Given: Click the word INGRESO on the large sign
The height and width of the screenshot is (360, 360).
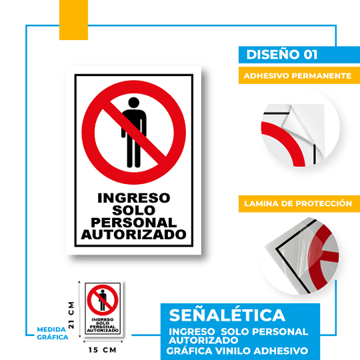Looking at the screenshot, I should point(134,198).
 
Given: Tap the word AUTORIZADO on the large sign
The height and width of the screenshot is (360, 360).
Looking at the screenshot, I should point(134,235).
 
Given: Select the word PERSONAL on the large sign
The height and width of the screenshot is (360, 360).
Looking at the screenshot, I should point(134,223).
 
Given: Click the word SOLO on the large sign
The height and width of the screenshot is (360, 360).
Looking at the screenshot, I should point(134,210).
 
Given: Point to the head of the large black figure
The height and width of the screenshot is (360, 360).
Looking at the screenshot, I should point(134,103).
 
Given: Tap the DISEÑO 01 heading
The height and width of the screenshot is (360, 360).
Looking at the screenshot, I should point(279,55).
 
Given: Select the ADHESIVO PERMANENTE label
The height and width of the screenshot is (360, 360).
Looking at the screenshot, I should point(297,76).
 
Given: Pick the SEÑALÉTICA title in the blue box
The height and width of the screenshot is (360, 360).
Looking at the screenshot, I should point(227,315).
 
